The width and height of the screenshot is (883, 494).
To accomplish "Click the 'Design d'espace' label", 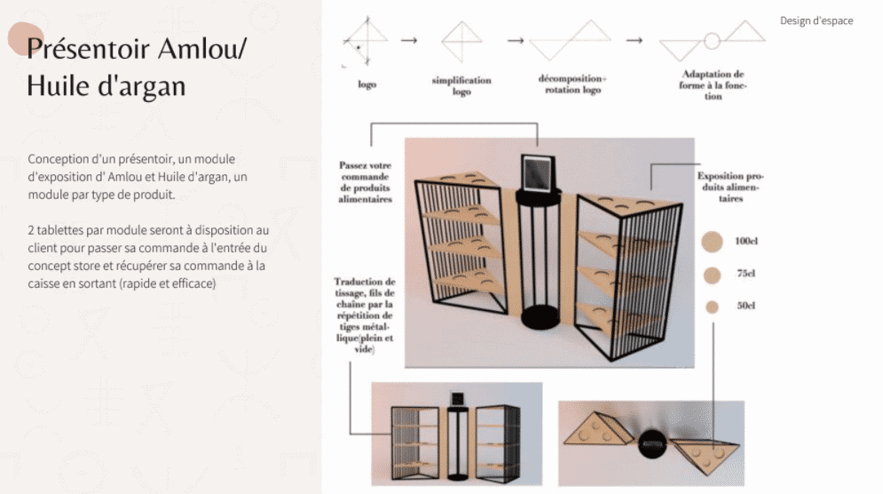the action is (x=816, y=20).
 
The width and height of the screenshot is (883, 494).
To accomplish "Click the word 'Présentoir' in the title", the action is (x=88, y=48).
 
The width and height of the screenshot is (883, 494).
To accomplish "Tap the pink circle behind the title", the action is (x=26, y=39).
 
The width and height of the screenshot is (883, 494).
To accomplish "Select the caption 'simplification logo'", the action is (x=461, y=85).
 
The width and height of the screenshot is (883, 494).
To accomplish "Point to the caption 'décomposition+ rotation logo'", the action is (x=572, y=84).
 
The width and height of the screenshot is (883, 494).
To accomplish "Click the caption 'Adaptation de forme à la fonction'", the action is (x=713, y=85).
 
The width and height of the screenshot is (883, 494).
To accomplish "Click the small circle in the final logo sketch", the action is (x=712, y=41).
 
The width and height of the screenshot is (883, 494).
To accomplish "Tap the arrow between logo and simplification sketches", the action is (x=409, y=41).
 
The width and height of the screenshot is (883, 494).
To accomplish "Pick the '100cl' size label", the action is (x=746, y=241).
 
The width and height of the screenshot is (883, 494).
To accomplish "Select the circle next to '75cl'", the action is (x=713, y=275).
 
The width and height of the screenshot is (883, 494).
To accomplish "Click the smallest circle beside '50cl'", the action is (x=713, y=307).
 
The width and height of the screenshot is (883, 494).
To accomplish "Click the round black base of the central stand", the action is (x=540, y=317).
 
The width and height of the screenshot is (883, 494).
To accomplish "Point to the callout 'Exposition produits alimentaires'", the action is (x=730, y=187).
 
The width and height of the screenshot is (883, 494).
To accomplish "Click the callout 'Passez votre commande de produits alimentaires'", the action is (x=365, y=181).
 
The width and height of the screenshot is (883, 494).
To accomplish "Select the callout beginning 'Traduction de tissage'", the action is (x=365, y=315).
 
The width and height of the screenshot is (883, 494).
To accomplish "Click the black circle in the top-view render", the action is (x=652, y=443).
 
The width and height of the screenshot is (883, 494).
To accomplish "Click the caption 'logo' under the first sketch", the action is (x=367, y=84).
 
